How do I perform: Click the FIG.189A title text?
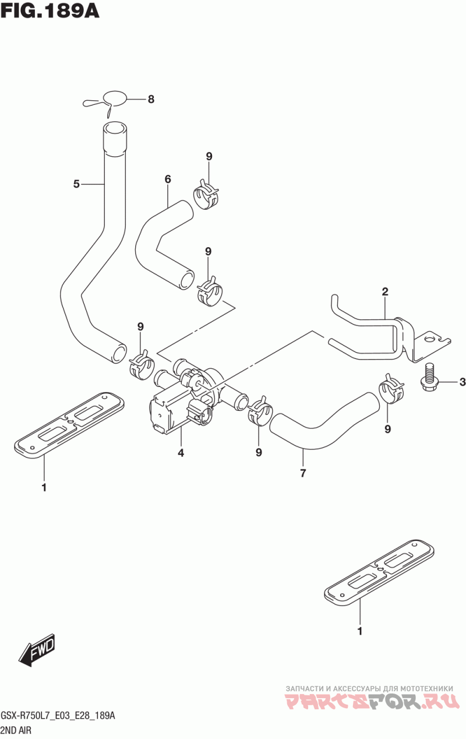coord(50,11)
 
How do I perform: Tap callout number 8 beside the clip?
coord(151,99)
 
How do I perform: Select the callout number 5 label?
coord(76,184)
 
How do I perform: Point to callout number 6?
coord(168,179)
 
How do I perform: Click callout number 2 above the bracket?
coord(385,291)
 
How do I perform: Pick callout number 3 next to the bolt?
coord(463,382)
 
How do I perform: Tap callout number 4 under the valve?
coord(181,453)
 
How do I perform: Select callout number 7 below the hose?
coord(303,473)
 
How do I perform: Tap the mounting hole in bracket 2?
coord(429,339)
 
